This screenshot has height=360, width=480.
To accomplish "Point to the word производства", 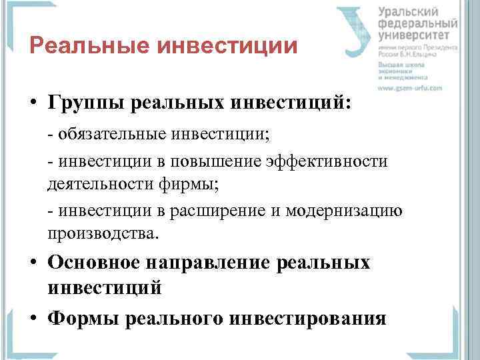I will click(x=103, y=233).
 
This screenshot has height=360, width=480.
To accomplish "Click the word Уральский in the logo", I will click(x=408, y=12).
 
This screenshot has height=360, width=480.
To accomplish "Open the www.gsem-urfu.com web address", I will click(x=410, y=87).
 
